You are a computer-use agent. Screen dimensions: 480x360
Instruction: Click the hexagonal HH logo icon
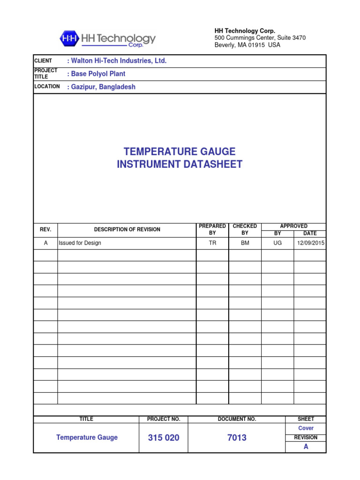coord(69,38)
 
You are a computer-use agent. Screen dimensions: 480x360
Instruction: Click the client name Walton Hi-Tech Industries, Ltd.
coord(117,61)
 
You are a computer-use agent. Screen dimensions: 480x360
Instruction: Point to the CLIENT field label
coord(43,61)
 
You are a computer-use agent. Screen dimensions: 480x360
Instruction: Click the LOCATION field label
coord(47,86)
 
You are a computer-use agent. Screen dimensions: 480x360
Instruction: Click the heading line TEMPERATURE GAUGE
coord(180,151)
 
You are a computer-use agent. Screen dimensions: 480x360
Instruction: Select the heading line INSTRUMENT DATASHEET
coord(180,164)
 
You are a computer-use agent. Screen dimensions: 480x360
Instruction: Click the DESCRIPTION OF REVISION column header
coord(127,229)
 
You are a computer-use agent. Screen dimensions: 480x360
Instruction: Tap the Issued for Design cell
coord(80,243)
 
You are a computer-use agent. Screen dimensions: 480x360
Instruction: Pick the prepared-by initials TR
coord(212,243)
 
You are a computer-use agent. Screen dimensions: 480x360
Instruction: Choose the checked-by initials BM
coord(245,243)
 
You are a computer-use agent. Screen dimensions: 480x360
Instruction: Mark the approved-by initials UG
coord(277,243)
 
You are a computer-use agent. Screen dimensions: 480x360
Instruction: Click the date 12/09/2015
coord(311,243)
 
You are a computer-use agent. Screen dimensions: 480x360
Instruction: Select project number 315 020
coord(164,438)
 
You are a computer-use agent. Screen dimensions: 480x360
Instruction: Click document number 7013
coord(237,438)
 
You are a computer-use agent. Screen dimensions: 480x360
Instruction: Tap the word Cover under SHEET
coord(306,428)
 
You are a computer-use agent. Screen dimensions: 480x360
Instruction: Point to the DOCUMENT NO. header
coord(237,419)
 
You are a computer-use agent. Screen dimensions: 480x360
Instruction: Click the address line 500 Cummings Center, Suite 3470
coord(260,37)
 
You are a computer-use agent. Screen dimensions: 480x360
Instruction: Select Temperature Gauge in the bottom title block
coord(87,437)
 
